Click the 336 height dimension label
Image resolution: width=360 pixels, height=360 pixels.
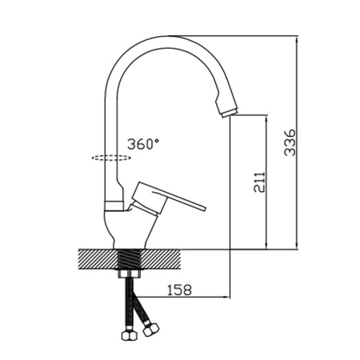tap(290, 142)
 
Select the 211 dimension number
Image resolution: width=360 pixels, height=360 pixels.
tap(259, 182)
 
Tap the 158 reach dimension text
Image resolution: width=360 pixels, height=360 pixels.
tap(179, 290)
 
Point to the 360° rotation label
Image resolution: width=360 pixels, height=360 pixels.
tap(142, 144)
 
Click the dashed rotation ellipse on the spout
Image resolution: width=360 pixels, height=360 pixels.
tap(111, 158)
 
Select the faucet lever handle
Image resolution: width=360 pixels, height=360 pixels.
tap(169, 198)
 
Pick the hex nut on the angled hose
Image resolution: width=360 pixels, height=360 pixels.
tap(150, 329)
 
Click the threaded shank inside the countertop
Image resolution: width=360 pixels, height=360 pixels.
tap(129, 259)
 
